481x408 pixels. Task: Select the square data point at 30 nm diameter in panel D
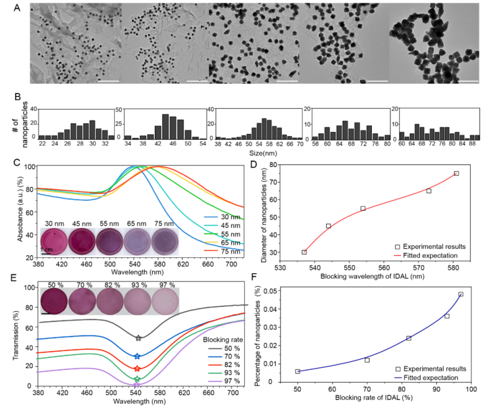point(304,252)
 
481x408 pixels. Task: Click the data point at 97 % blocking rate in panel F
point(461,294)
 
